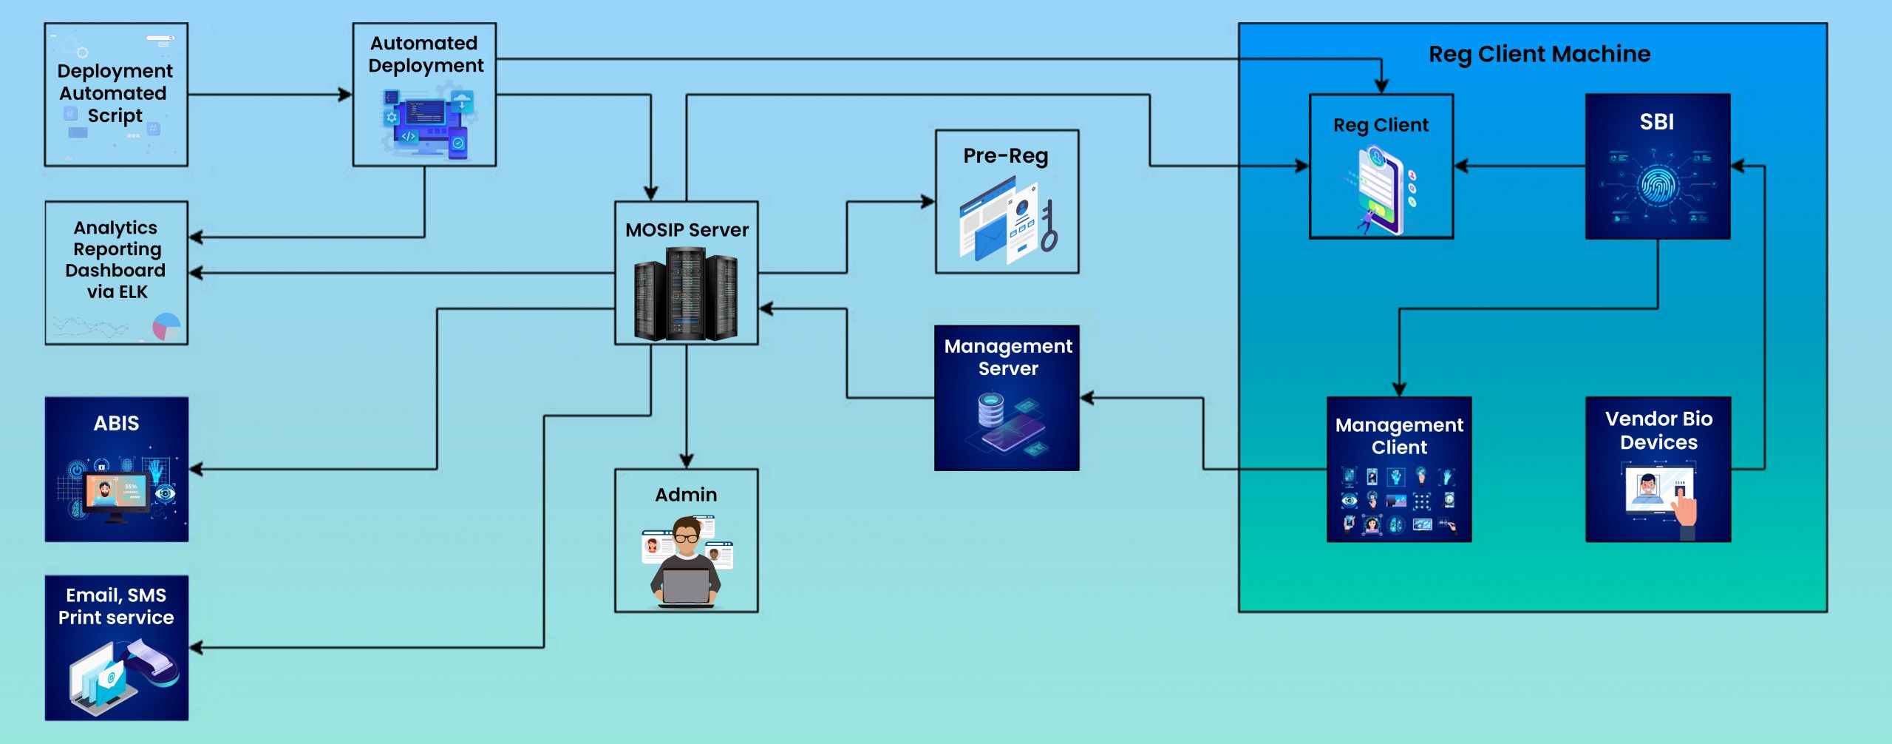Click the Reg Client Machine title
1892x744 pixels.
point(1539,54)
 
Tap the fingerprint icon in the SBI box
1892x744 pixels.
point(1657,185)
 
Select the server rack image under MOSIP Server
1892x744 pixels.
point(686,294)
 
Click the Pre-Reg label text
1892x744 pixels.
point(1006,156)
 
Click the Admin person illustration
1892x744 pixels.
point(686,562)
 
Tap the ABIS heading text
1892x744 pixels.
point(116,423)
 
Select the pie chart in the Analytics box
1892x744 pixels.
point(166,326)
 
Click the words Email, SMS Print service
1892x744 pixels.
point(116,606)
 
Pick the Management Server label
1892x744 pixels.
point(1008,357)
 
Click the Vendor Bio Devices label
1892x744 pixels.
point(1658,430)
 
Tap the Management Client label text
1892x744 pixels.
point(1399,436)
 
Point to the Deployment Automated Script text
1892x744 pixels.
point(115,93)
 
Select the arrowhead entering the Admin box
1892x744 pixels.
point(687,461)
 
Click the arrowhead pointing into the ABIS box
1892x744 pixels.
point(197,469)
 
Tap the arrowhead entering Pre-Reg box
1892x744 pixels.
point(928,201)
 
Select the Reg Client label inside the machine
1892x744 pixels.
point(1381,125)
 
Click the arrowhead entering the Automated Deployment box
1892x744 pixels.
point(345,95)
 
